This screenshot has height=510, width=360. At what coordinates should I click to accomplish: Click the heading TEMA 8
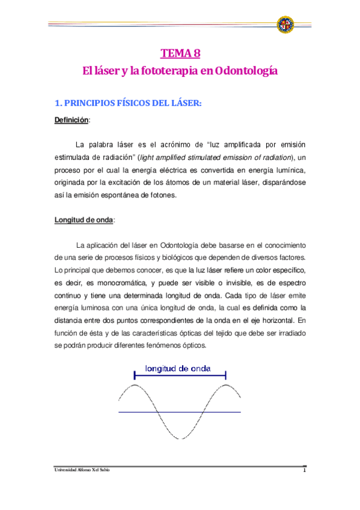tap(180, 52)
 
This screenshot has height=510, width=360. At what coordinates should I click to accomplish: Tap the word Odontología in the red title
tap(246, 71)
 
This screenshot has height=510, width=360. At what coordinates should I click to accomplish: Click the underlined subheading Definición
tap(71, 120)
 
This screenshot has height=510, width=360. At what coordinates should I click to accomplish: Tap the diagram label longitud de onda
tap(180, 369)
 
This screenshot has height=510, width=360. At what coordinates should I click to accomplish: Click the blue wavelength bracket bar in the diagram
tap(180, 376)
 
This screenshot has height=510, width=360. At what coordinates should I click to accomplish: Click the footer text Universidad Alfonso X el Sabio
tap(82, 470)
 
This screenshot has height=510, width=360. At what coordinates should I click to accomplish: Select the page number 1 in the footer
tap(305, 470)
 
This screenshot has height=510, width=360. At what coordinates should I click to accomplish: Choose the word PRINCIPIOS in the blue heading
tap(89, 102)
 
